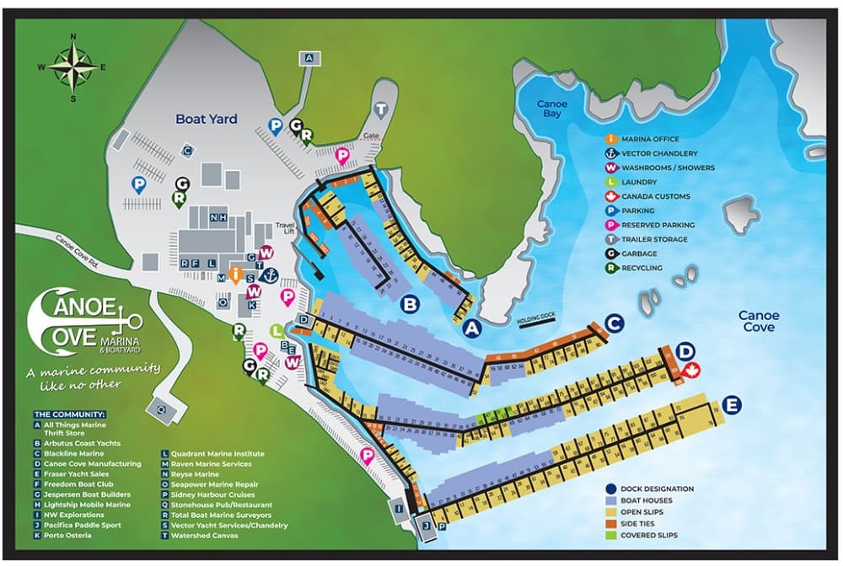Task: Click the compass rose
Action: [x=72, y=67]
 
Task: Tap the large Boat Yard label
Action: [x=207, y=120]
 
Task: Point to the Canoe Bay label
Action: [x=552, y=109]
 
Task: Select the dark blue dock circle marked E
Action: [x=732, y=406]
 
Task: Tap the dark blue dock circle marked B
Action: [x=410, y=305]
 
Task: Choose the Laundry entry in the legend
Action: [x=642, y=182]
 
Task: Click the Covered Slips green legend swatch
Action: [x=610, y=535]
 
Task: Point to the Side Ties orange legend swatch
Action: [x=610, y=523]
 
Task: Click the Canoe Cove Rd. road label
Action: [x=78, y=249]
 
